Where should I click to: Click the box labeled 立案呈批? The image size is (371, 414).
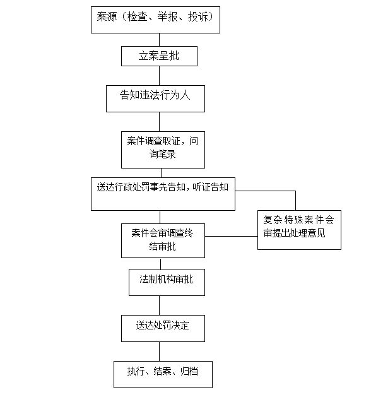[x=159, y=56]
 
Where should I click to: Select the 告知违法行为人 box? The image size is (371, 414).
[x=155, y=98]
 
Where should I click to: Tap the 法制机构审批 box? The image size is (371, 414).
[x=167, y=282]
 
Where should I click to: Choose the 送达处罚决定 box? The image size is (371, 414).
[x=163, y=328]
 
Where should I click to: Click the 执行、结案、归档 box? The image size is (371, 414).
[x=163, y=374]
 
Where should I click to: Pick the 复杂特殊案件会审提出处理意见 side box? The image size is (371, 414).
[x=299, y=230]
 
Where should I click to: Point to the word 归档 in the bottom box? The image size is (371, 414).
[x=189, y=371]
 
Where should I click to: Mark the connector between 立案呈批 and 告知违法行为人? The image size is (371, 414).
[x=159, y=76]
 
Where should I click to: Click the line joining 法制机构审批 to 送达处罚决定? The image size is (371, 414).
[x=159, y=305]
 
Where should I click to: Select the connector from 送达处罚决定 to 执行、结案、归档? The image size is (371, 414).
[x=159, y=352]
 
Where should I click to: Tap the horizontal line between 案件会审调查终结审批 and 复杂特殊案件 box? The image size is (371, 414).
[x=232, y=236]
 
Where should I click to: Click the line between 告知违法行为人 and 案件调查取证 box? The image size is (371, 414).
[x=159, y=122]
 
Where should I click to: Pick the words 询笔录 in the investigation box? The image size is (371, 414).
[x=163, y=154]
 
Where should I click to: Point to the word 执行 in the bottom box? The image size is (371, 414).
[x=136, y=371]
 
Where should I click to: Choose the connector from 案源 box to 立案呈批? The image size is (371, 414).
[x=159, y=40]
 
